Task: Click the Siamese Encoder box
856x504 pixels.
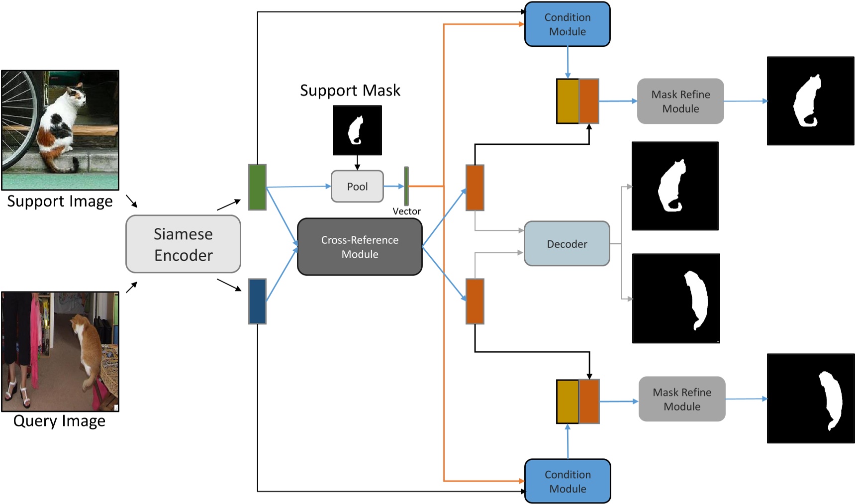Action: coord(183,244)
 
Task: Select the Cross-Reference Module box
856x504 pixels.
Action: coord(360,247)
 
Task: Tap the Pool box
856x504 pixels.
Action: coord(357,187)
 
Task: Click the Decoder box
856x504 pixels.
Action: coord(567,244)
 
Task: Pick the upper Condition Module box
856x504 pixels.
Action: coord(567,24)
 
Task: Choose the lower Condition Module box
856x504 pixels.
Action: coord(568,481)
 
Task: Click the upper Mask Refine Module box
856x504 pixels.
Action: coord(680,101)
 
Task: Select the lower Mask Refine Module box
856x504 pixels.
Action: coord(681,399)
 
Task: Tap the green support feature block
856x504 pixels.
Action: coord(257,187)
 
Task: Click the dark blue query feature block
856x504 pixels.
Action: coord(257,302)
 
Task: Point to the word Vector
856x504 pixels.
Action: coord(406,211)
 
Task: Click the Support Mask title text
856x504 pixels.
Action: coord(350,91)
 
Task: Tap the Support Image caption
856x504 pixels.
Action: coord(60,202)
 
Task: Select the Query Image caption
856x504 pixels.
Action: coord(59,421)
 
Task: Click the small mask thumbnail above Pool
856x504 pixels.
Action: coord(357,130)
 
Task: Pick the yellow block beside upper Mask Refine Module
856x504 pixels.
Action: coord(568,101)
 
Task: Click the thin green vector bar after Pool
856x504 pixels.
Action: coord(406,186)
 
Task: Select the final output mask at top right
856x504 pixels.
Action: coord(810,101)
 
